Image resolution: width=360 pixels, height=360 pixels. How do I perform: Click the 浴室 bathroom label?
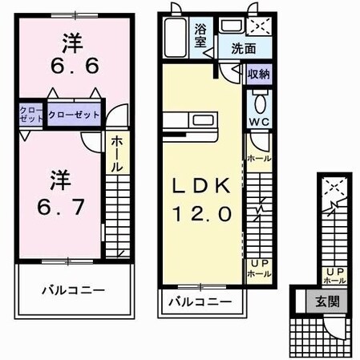(203, 35)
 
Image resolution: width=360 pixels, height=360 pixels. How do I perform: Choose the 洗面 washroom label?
(244, 48)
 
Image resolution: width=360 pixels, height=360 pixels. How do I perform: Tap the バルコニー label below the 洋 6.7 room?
(73, 289)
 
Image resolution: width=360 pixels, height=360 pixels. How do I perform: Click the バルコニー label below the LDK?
(200, 302)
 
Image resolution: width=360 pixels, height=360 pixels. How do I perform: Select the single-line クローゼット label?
(75, 115)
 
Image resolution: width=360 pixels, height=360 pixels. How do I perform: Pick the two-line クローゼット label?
(31, 115)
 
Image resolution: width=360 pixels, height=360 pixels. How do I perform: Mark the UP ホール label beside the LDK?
(258, 268)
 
